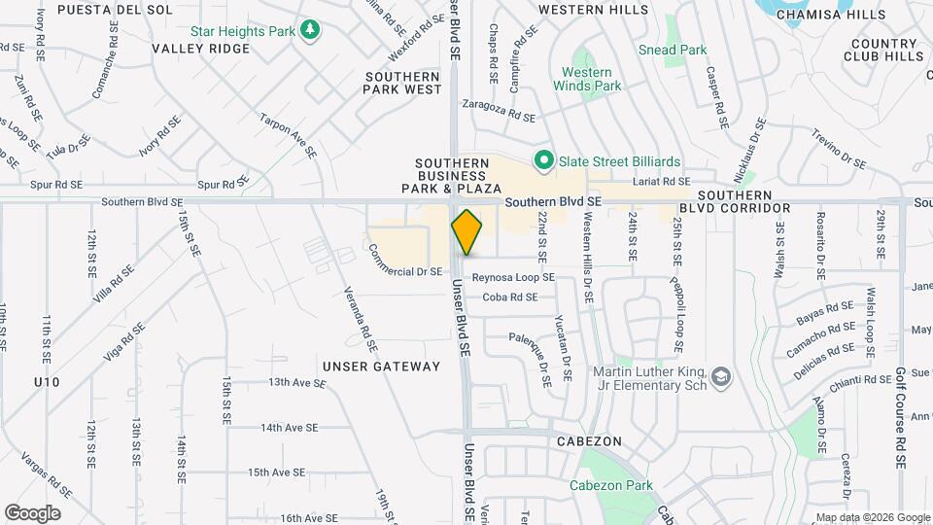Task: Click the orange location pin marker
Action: pyautogui.click(x=467, y=232)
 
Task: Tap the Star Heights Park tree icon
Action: pyautogui.click(x=310, y=30)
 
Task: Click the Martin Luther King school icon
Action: pyautogui.click(x=720, y=376)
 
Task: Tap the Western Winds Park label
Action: pyautogui.click(x=587, y=79)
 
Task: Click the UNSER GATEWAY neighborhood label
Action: pyautogui.click(x=382, y=367)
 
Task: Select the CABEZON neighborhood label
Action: pyautogui.click(x=589, y=440)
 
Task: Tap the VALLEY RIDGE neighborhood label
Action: pyautogui.click(x=201, y=49)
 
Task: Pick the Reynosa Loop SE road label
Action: pyautogui.click(x=513, y=277)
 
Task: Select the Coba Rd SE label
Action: pyautogui.click(x=510, y=297)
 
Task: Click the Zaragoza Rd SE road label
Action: pyautogui.click(x=499, y=110)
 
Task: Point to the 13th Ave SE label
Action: pyautogui.click(x=297, y=383)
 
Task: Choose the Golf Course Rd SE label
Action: pyautogui.click(x=901, y=409)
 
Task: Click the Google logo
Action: pyautogui.click(x=32, y=512)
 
